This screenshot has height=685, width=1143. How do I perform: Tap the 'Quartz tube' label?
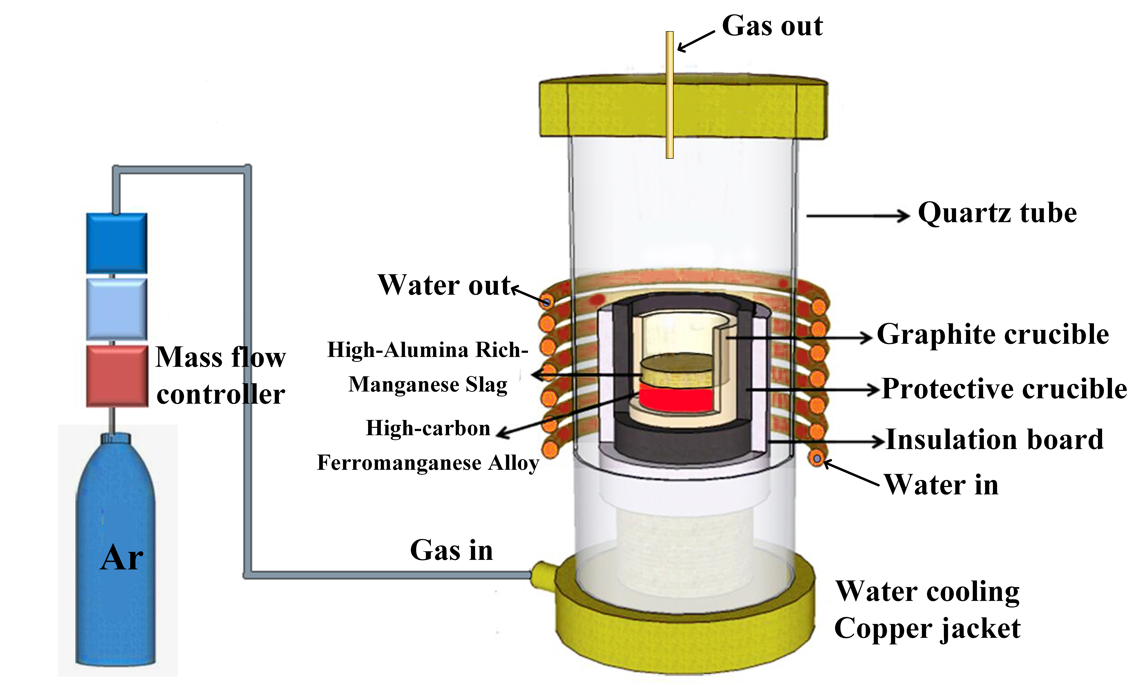pyautogui.click(x=997, y=213)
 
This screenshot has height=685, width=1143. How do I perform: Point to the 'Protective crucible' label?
pyautogui.click(x=1004, y=389)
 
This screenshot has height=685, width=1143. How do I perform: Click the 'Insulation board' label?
pyautogui.click(x=995, y=440)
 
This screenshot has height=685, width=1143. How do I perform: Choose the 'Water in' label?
pyautogui.click(x=942, y=485)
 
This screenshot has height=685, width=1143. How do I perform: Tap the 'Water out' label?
pyautogui.click(x=444, y=285)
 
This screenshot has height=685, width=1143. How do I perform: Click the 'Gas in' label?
pyautogui.click(x=451, y=550)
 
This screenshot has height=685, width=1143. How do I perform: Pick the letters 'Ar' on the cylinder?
pyautogui.click(x=121, y=558)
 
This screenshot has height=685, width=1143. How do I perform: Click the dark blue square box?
pyautogui.click(x=117, y=242)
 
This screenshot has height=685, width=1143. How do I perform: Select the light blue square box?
pyautogui.click(x=117, y=308)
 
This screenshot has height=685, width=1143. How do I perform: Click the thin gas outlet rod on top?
pyautogui.click(x=669, y=95)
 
